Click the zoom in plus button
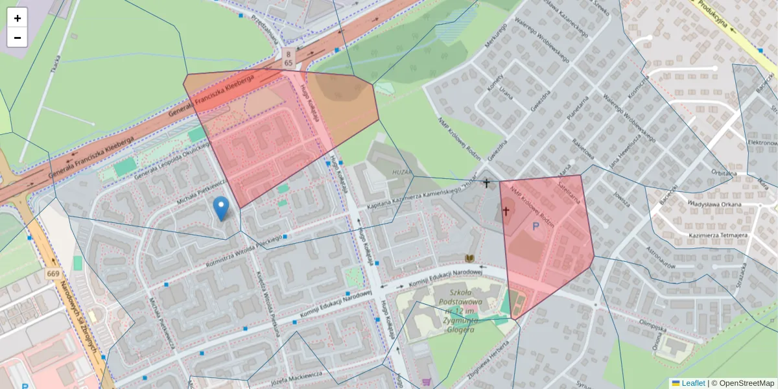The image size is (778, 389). (18, 18)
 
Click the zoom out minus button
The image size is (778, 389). (18, 38)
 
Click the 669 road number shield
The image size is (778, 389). (54, 274)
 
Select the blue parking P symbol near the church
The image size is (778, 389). (536, 226)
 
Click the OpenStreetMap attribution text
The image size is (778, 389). (743, 383)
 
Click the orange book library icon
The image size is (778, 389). (470, 259)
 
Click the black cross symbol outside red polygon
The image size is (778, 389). (486, 183)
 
